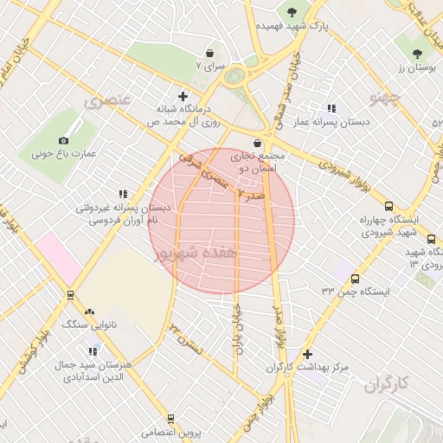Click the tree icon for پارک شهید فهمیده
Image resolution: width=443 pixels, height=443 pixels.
point(291,11)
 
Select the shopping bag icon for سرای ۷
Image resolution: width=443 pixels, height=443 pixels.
point(210,53)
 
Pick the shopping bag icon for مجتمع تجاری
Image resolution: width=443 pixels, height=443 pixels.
point(258,143)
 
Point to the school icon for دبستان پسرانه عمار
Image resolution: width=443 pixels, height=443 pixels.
point(332,108)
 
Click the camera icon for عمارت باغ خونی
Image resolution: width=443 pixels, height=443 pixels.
point(63,140)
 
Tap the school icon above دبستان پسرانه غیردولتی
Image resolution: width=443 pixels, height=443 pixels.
point(123,194)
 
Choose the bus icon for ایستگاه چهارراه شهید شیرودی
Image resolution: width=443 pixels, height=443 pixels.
point(388,207)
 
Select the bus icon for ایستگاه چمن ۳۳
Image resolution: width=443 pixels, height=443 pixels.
point(356,279)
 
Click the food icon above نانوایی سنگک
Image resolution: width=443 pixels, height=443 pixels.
point(88,311)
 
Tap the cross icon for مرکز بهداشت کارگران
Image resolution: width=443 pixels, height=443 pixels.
point(308,354)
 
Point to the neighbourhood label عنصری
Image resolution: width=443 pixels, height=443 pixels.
point(108,101)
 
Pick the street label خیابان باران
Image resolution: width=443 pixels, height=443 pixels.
point(234,331)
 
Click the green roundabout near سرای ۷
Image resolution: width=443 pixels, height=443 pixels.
point(234,76)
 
